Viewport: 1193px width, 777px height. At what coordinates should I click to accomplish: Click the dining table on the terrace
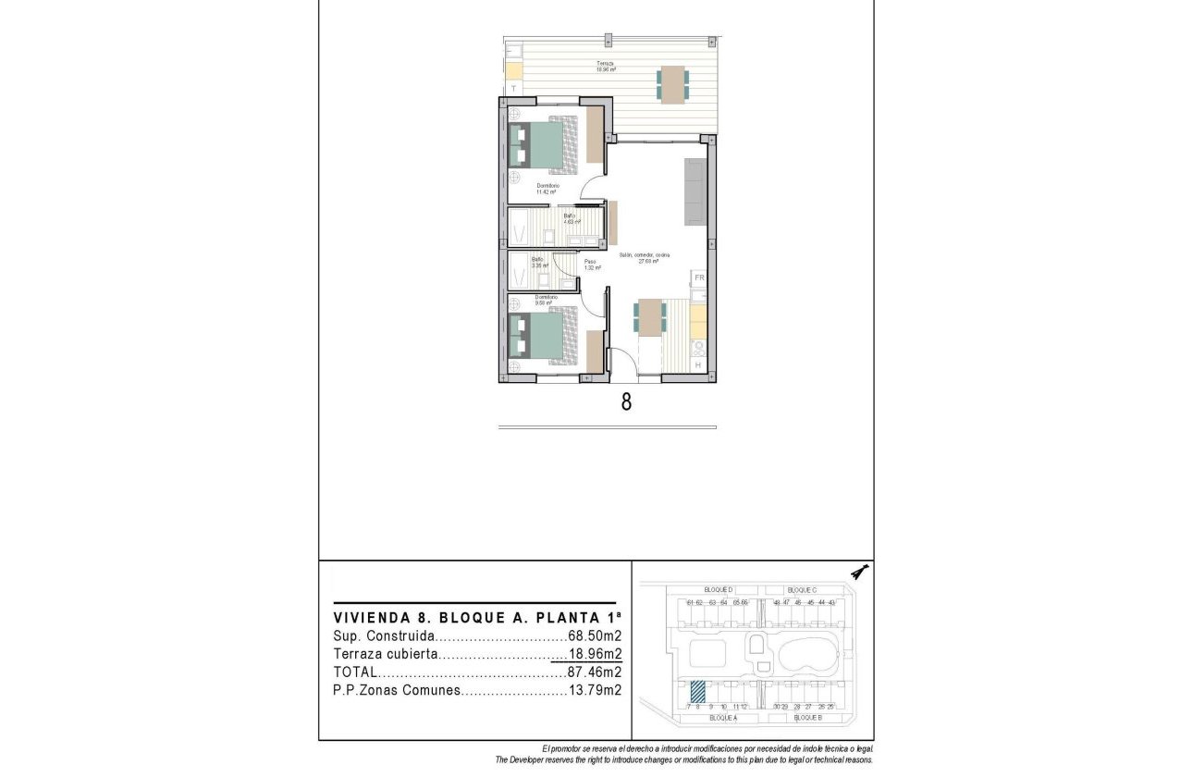672,84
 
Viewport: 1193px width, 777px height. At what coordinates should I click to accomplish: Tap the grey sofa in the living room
695,191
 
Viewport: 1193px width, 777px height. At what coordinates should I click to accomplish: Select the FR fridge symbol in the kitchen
700,277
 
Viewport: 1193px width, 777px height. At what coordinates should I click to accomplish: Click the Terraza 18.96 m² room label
606,67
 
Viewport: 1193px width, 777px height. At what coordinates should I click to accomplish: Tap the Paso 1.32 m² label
593,265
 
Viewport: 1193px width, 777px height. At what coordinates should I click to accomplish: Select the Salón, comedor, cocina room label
645,257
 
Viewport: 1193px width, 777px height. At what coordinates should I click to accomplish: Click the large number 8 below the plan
626,403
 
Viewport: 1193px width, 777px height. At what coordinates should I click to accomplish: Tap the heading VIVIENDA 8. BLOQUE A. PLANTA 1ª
476,617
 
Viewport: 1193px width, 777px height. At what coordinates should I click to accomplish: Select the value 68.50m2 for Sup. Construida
594,636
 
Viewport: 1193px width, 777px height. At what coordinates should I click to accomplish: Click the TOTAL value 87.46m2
594,672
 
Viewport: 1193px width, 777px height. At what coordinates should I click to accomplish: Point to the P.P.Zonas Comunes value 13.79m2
594,690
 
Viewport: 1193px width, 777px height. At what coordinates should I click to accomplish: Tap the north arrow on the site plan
860,572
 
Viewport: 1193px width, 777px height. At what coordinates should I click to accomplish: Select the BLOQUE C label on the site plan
802,590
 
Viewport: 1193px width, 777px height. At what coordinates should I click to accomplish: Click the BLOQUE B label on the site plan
807,718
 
